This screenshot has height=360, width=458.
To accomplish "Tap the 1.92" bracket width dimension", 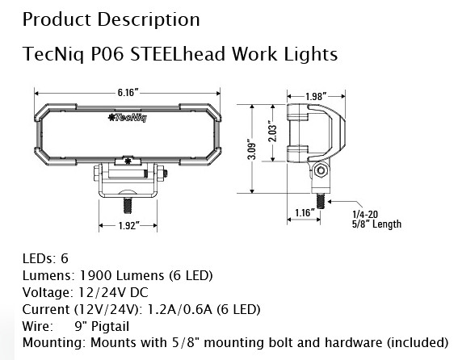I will pyautogui.click(x=124, y=227).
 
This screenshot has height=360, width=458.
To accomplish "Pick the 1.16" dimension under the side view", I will pyautogui.click(x=304, y=212).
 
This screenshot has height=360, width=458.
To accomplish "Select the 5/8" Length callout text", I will pyautogui.click(x=376, y=224).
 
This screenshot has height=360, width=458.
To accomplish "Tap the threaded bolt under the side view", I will pyautogui.click(x=320, y=197).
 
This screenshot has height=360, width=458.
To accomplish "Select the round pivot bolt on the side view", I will pyautogui.click(x=321, y=171).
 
